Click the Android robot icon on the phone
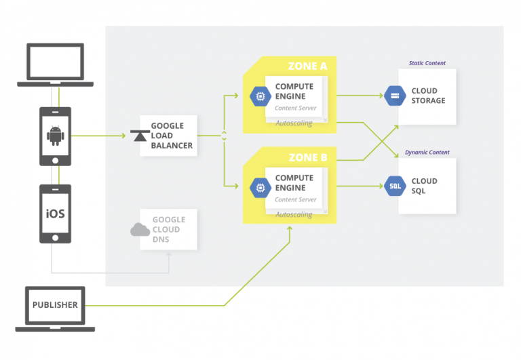coord(55,136)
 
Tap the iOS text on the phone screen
coord(55,214)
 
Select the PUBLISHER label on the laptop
coord(55,305)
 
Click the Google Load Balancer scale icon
coord(140,136)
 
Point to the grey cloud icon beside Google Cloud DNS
coord(140,229)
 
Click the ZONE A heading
coord(307,66)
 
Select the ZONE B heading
coord(308,157)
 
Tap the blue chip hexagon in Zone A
coord(260,96)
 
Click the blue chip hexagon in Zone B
coord(260,188)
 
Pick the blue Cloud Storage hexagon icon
coord(395,96)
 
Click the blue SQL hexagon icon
coord(395,186)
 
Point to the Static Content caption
coord(427,63)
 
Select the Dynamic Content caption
coord(427,153)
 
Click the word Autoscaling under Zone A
coord(294,123)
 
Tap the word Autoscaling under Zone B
coord(294,214)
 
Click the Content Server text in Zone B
coord(295,199)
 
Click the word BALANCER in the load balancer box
coord(172,146)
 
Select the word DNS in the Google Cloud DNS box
coord(161,239)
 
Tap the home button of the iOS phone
coord(55,238)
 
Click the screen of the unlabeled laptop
coord(55,62)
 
